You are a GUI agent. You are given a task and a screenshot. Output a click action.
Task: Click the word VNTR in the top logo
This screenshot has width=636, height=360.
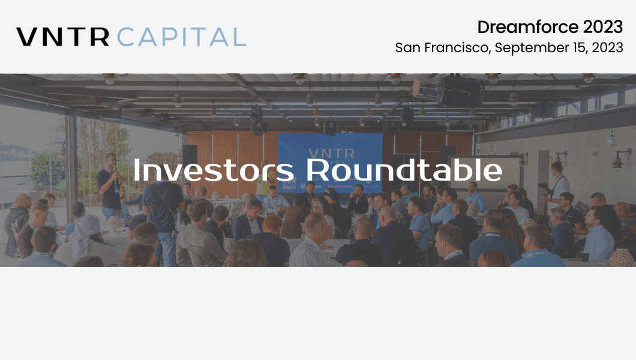click(63, 37)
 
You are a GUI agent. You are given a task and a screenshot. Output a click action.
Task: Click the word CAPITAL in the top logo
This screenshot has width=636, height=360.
click(182, 37)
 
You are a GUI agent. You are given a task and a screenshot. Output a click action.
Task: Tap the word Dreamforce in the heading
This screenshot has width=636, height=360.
click(528, 27)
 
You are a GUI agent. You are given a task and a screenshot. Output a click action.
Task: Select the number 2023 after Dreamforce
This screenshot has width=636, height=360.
click(603, 27)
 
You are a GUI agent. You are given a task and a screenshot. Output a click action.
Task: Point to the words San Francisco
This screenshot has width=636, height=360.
click(443, 47)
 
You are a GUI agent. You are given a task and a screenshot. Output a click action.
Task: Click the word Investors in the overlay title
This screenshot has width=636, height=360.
click(214, 170)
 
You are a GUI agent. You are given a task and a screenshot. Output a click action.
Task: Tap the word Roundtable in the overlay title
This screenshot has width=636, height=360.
click(404, 169)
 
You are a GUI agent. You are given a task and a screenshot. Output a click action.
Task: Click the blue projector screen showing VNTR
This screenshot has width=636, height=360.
click(330, 162)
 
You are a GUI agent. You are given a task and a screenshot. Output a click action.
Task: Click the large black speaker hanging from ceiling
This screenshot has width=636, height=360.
click(459, 92)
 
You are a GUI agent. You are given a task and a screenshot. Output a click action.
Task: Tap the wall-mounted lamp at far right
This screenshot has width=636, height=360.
click(620, 160)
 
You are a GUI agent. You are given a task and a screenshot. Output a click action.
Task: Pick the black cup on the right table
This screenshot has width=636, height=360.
click(584, 257)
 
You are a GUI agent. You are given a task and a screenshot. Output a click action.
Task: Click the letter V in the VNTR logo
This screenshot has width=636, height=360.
click(26, 37)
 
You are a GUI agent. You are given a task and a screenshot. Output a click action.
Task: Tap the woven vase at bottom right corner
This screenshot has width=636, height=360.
click(621, 257)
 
